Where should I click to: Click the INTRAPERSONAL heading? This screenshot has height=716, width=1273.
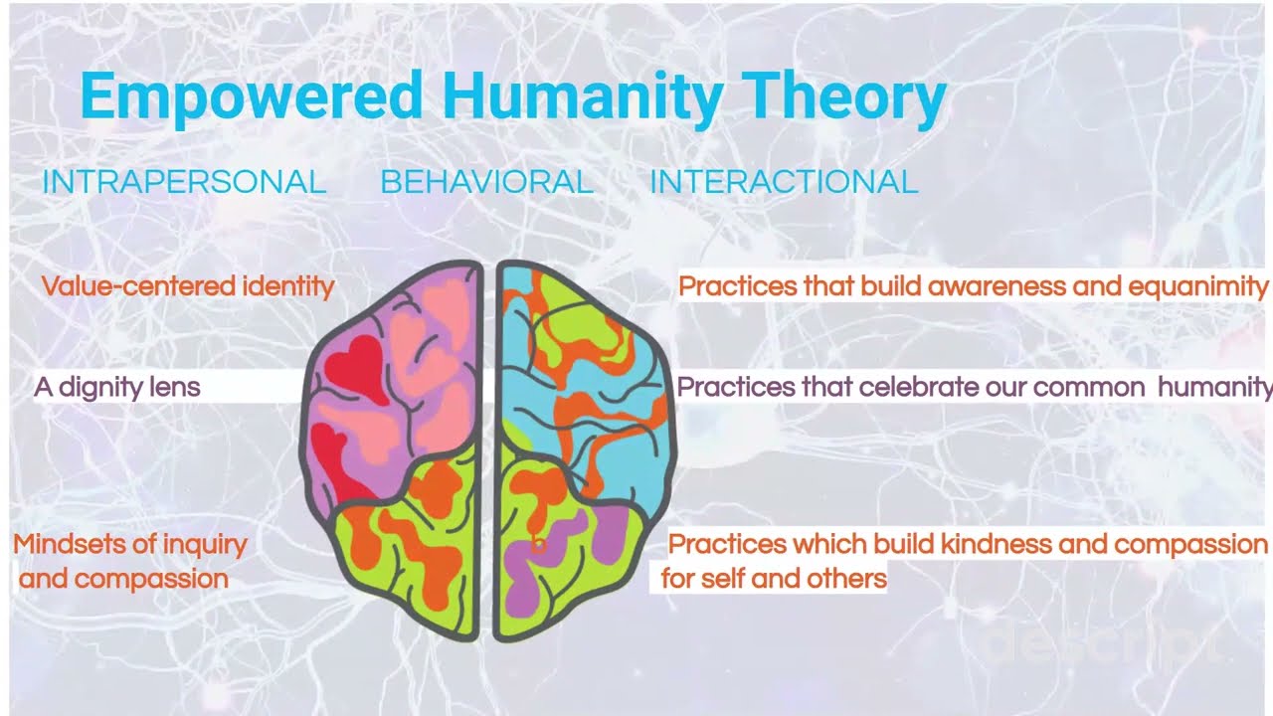184,182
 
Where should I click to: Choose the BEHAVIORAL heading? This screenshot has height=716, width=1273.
486,182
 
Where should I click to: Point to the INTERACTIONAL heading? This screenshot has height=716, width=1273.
783,182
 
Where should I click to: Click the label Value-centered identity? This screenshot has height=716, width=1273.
188,286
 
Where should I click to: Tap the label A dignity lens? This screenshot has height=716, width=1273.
117,387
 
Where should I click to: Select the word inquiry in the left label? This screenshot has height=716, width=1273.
204,544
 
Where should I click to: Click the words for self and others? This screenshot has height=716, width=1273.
774,578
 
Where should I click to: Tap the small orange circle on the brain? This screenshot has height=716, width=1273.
537,544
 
